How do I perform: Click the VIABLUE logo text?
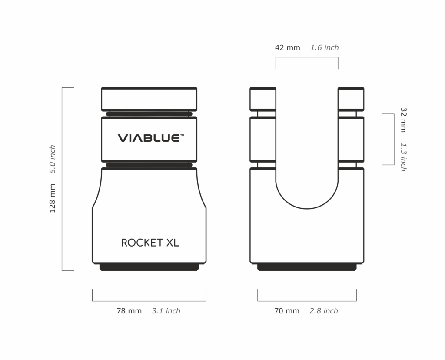click(x=148, y=138)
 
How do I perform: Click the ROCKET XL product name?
click(x=150, y=243)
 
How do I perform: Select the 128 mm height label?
click(x=53, y=198)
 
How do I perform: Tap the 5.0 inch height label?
click(x=53, y=159)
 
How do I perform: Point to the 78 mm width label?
click(x=129, y=311)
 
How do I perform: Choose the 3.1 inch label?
click(x=166, y=311)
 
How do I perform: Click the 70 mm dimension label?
click(x=287, y=311)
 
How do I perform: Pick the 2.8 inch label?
click(x=324, y=311)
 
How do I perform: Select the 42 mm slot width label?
click(x=288, y=48)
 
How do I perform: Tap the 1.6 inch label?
click(x=325, y=48)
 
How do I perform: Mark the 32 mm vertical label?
click(x=403, y=120)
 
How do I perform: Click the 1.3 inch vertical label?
click(x=403, y=157)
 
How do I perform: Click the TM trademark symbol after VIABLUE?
click(x=182, y=135)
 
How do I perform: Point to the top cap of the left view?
click(x=149, y=99)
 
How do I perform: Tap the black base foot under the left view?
click(x=149, y=267)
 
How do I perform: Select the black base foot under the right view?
click(x=307, y=267)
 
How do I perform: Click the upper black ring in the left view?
click(x=149, y=114)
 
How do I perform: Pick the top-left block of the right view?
click(x=262, y=99)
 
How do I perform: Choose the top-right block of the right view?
click(x=351, y=99)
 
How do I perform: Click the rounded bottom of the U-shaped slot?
click(x=307, y=204)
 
